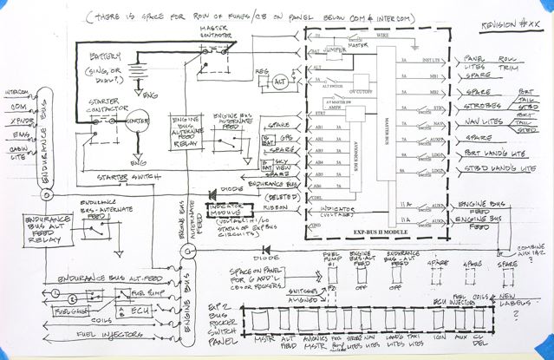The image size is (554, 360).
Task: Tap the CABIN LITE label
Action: (18, 152)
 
